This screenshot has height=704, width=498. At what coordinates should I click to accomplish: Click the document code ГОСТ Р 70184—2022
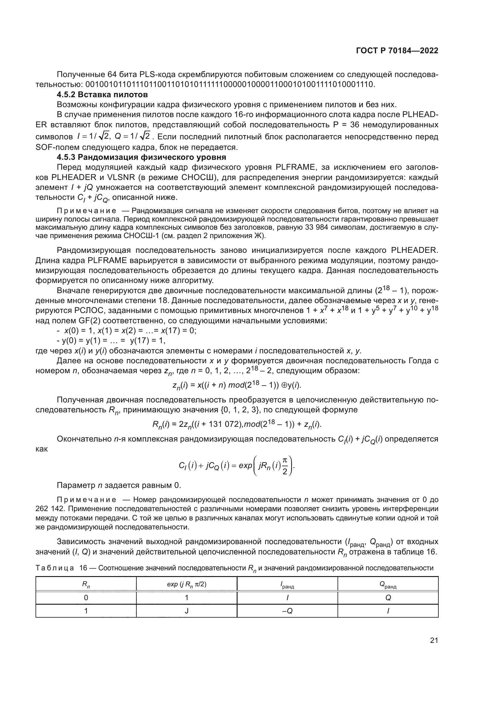click(397, 51)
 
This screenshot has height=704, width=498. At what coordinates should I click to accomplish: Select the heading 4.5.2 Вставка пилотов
click(102, 95)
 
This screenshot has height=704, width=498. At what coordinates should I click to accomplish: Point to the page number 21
click(434, 640)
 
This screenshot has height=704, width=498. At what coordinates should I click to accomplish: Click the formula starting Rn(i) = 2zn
click(237, 425)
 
